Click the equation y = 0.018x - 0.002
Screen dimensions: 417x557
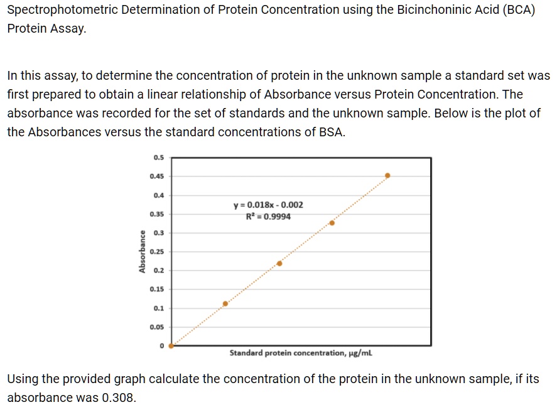tap(268, 205)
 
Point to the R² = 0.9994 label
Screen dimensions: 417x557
tap(268, 217)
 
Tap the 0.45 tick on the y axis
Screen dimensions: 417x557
tap(156, 176)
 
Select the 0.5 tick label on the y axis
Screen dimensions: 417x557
tap(159, 157)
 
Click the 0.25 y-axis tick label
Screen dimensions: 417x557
tap(156, 252)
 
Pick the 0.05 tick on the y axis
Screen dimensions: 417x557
tap(156, 327)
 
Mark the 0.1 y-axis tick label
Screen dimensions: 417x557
tap(159, 308)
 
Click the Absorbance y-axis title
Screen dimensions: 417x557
tap(143, 252)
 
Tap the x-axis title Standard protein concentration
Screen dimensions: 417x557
tap(301, 354)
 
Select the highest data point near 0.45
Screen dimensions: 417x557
tap(387, 176)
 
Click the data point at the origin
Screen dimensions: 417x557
tap(171, 345)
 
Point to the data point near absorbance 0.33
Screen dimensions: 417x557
tap(332, 223)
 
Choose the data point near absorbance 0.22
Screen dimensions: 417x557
tap(279, 263)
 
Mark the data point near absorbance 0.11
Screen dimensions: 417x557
tap(225, 304)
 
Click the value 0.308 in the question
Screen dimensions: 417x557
tap(118, 398)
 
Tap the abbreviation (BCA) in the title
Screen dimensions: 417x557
tap(517, 11)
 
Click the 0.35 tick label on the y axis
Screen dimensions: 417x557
tap(156, 214)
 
